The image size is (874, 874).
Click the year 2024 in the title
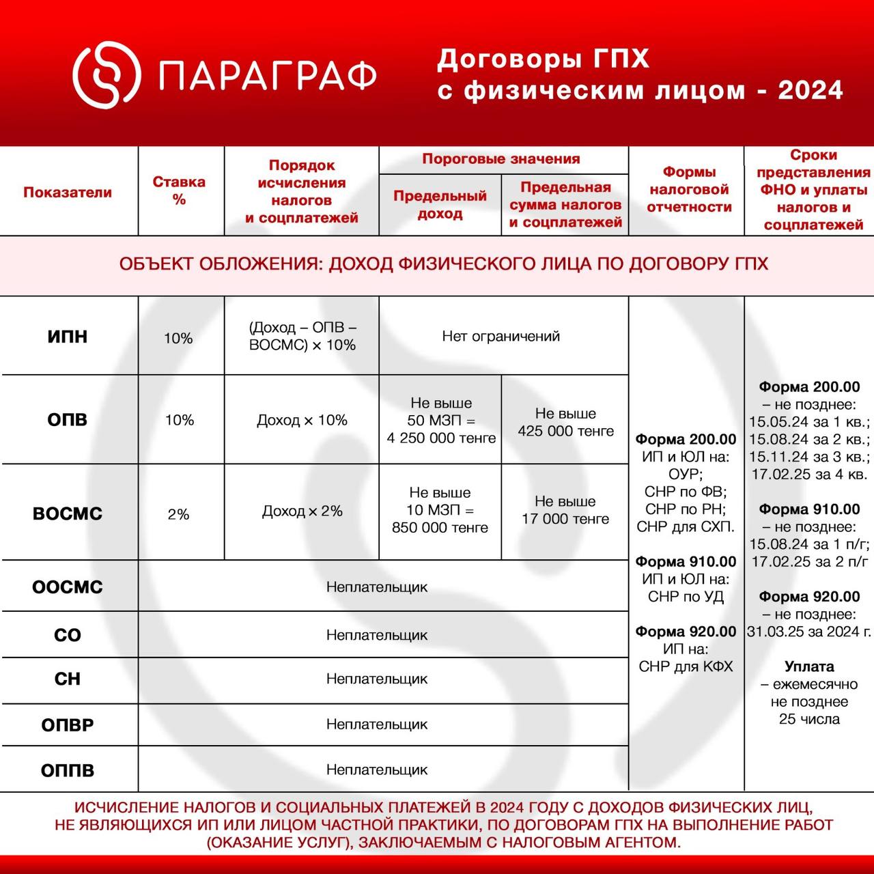click(x=810, y=90)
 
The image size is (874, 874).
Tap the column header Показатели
click(x=68, y=192)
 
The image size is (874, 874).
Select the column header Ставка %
click(x=179, y=191)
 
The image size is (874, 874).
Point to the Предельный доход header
click(x=440, y=204)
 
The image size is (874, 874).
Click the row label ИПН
click(x=68, y=337)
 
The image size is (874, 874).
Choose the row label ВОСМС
click(x=68, y=513)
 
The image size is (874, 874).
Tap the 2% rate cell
click(x=179, y=514)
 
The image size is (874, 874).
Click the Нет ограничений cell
click(x=501, y=336)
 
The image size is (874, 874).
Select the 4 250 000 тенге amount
click(x=441, y=438)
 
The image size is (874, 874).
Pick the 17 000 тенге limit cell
click(x=565, y=519)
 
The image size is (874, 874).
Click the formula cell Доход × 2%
click(x=302, y=511)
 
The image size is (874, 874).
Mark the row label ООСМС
click(x=68, y=587)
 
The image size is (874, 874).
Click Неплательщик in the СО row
click(x=377, y=635)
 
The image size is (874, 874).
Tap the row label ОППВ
click(x=68, y=771)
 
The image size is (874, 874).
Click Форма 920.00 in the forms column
click(x=686, y=632)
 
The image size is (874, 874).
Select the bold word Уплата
click(x=809, y=666)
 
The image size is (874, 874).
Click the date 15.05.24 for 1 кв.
click(x=777, y=422)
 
